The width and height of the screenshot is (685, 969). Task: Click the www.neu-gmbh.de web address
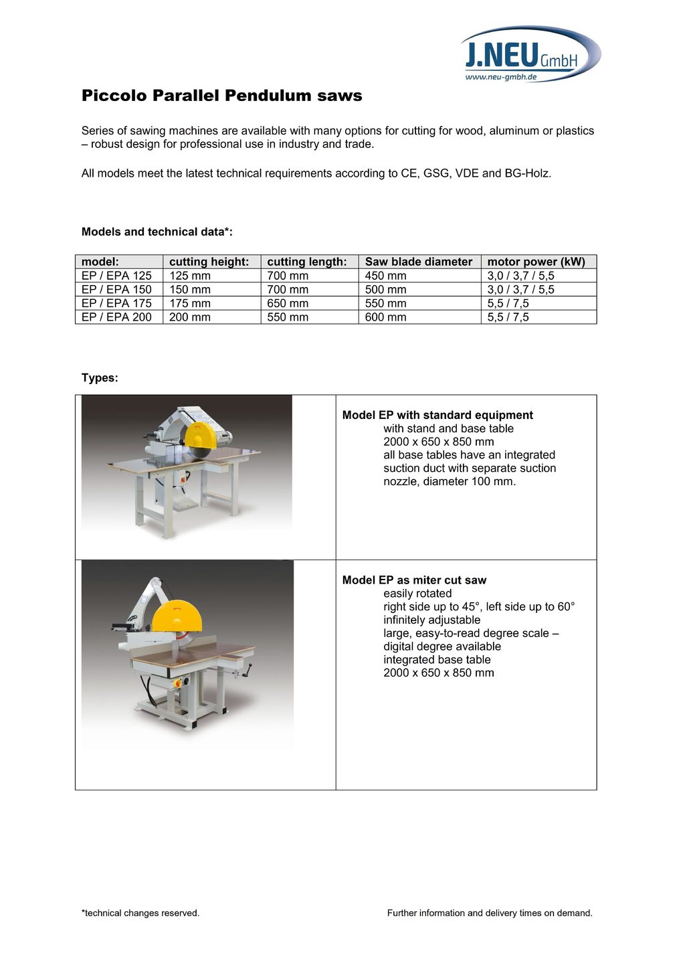[x=501, y=77]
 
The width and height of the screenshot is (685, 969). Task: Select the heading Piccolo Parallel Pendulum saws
[x=221, y=96]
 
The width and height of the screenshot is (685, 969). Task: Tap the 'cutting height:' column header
[x=209, y=262]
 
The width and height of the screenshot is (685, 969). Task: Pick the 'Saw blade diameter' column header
[x=418, y=262]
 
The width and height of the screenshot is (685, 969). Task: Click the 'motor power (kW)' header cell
[x=536, y=262]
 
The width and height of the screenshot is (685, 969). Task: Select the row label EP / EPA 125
[x=116, y=276]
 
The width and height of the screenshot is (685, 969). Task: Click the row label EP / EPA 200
[x=116, y=317]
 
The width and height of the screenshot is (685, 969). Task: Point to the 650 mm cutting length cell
[x=288, y=303]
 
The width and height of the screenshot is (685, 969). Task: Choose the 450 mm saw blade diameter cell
[x=385, y=276]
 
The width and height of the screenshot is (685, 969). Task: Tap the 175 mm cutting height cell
[x=189, y=303]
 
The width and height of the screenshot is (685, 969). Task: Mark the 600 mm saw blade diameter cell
[x=385, y=317]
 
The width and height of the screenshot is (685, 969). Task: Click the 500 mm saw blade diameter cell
[x=385, y=290]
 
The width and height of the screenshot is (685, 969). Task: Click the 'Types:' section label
[x=100, y=378]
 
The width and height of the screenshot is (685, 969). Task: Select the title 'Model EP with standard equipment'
[x=437, y=415]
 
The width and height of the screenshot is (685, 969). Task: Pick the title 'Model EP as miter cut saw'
[x=414, y=580]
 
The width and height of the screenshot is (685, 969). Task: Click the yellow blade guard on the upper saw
[x=199, y=436]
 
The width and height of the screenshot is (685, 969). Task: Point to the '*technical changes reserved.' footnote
[x=140, y=913]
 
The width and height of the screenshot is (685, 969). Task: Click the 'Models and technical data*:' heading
[x=157, y=232]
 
